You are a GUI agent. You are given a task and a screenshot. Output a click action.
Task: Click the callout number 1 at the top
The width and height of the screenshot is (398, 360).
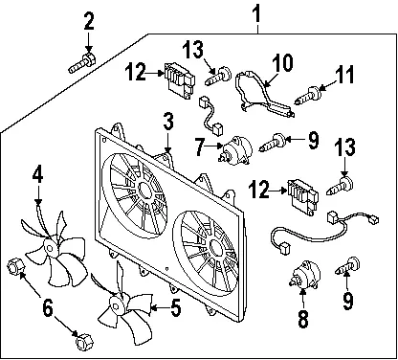click(x=256, y=14)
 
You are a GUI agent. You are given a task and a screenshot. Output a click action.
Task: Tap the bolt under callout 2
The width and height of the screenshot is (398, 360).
click(x=81, y=63)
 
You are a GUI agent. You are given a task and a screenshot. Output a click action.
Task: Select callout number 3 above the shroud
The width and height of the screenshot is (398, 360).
click(x=168, y=123)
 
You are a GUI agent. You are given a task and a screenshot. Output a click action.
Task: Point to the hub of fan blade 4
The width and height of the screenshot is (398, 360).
click(x=51, y=247)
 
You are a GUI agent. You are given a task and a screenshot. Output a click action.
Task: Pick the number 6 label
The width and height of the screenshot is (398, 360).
click(x=48, y=308)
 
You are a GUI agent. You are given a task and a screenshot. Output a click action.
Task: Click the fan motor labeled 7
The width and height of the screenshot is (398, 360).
click(x=235, y=150)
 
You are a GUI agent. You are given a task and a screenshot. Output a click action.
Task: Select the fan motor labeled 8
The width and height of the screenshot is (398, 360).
click(x=304, y=275)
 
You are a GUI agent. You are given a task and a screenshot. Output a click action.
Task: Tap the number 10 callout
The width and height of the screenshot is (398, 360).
click(x=282, y=63)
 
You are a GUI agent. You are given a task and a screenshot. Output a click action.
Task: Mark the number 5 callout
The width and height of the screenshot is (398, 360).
click(x=175, y=308)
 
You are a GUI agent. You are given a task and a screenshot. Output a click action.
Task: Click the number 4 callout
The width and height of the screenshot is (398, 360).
click(x=37, y=176)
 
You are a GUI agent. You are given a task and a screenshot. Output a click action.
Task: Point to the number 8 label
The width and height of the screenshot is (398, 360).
click(x=302, y=318)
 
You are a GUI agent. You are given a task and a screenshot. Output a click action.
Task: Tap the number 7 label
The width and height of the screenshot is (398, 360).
click(x=200, y=147)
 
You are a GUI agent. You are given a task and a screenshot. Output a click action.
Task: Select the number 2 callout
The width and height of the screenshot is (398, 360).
click(x=89, y=21)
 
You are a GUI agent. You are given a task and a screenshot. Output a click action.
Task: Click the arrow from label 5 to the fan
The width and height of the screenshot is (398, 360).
click(x=160, y=308)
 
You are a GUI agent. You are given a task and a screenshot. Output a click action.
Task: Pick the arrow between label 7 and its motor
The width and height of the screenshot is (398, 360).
click(x=214, y=146)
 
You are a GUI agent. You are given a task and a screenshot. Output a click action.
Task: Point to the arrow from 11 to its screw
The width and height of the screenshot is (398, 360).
click(x=327, y=85)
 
